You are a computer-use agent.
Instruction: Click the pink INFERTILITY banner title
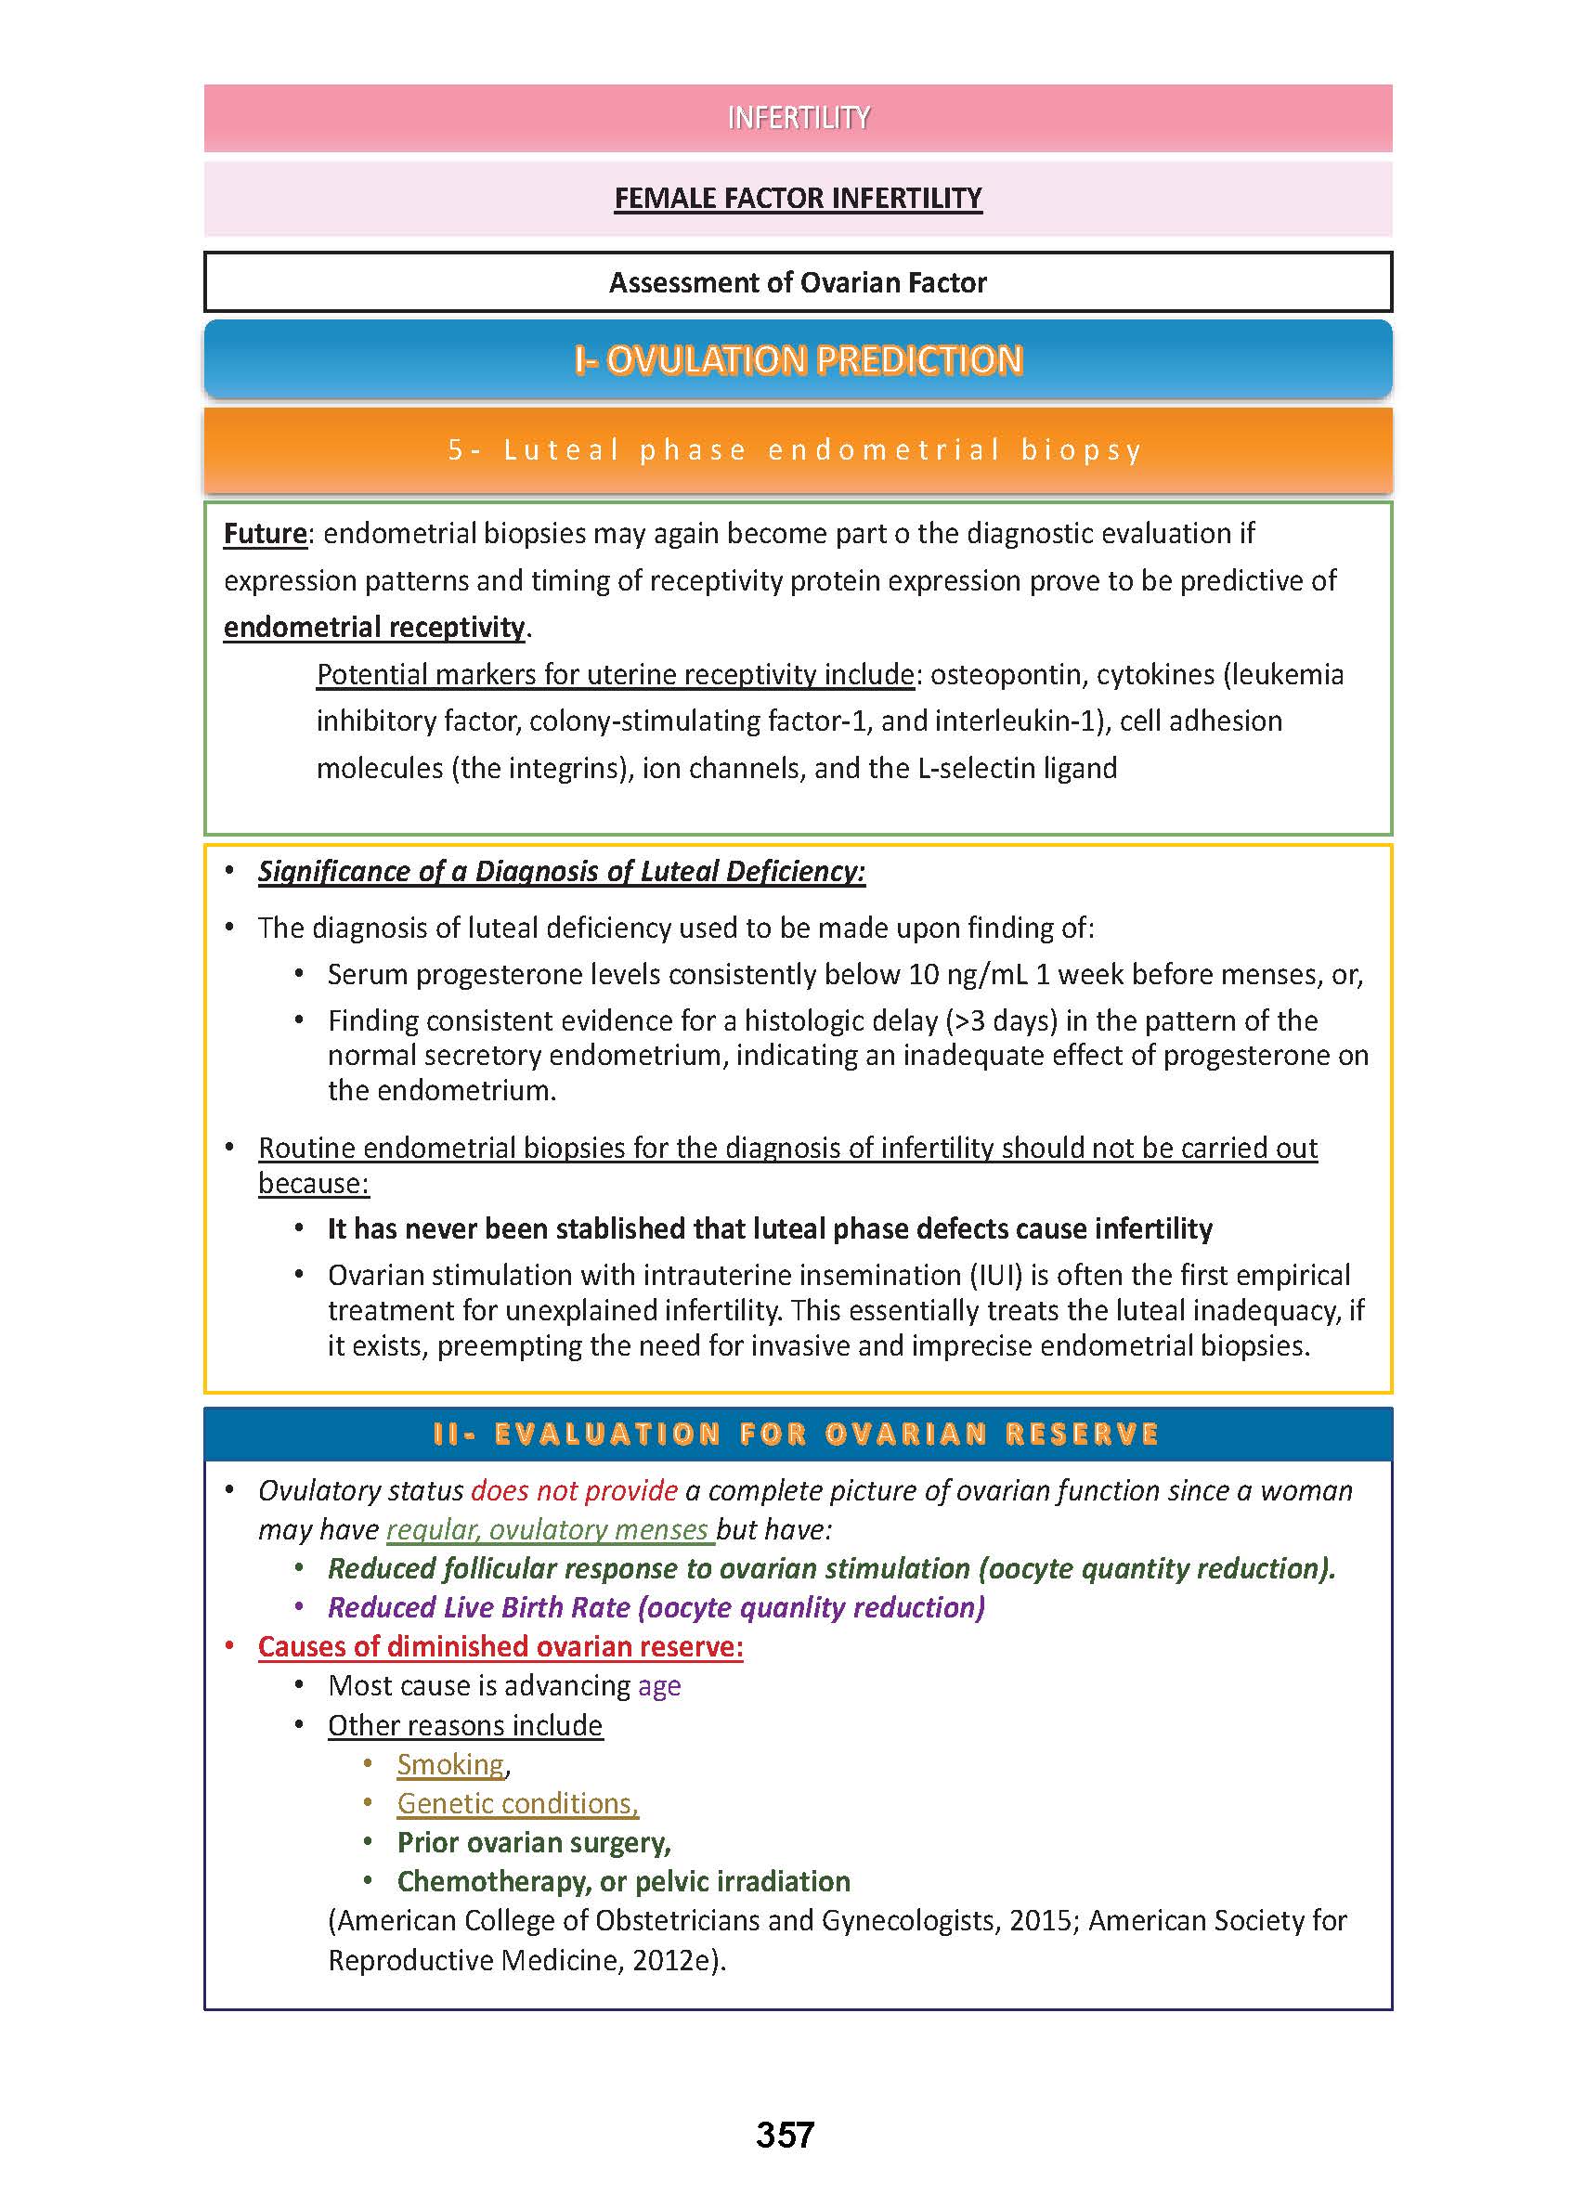(x=798, y=118)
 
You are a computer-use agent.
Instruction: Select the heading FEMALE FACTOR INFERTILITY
(x=798, y=199)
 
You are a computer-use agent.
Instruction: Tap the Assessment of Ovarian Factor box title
(x=798, y=282)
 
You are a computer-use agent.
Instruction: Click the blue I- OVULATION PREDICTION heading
(x=798, y=360)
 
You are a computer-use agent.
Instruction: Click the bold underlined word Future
(x=265, y=533)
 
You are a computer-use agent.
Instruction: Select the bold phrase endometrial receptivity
(x=373, y=628)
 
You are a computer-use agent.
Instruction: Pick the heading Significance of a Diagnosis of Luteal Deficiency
(x=562, y=871)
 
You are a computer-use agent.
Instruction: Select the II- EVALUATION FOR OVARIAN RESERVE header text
(x=796, y=1434)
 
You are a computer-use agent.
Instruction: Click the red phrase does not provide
(x=574, y=1490)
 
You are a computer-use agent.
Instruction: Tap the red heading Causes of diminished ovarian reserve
(x=500, y=1646)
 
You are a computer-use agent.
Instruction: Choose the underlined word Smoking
(x=451, y=1765)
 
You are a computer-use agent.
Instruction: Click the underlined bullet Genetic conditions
(x=518, y=1803)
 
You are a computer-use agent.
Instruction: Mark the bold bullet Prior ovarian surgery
(x=533, y=1842)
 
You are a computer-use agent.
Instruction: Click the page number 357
(x=785, y=2135)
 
